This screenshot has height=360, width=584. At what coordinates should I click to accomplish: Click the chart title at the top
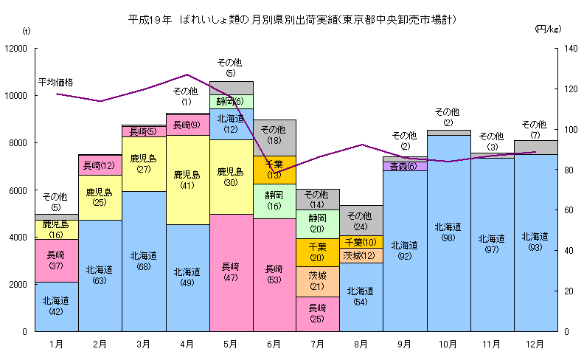pos(292,20)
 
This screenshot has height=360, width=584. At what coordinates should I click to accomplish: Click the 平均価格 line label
pos(56,82)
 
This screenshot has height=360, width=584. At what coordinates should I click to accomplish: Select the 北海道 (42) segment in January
pos(56,306)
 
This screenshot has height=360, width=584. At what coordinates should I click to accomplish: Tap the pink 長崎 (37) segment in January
pos(56,260)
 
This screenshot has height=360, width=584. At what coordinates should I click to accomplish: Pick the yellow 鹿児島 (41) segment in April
pos(187,180)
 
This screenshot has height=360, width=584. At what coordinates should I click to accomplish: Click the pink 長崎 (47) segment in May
pos(230,272)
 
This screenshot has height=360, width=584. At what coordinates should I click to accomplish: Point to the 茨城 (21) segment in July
pos(317,281)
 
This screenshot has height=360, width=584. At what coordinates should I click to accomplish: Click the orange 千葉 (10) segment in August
pos(361,242)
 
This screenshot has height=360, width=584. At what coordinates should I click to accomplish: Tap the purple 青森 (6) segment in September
pos(404,167)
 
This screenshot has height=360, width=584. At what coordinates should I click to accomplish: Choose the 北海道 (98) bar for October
pos(448,232)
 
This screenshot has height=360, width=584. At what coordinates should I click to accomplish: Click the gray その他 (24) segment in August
pos(361,221)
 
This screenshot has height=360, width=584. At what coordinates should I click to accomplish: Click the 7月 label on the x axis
pos(317,344)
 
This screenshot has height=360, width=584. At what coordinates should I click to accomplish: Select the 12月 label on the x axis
pos(534,344)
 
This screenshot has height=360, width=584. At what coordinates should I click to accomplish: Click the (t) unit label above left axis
pos(27,30)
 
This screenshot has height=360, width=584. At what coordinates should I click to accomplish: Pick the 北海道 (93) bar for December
pos(535,242)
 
